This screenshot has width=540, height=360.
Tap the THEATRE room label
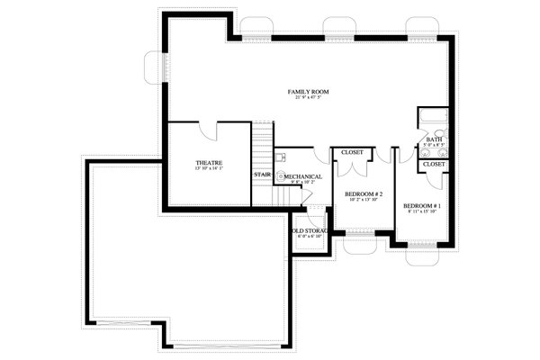coord(209,164)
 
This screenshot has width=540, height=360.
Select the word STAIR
coord(262,175)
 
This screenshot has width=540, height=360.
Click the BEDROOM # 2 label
coord(364,194)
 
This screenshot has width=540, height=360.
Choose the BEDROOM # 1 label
coord(420,205)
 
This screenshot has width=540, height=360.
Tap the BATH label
coord(435,139)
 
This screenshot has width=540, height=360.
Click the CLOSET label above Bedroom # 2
coord(352,152)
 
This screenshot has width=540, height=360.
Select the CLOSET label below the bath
coord(434,165)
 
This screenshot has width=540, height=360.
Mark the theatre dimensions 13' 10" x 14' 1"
coord(209,170)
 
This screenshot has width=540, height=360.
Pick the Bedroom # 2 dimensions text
coord(364,200)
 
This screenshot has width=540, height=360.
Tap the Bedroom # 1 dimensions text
coord(420,212)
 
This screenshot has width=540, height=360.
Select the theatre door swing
coord(210,132)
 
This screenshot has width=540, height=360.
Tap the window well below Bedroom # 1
coord(419,256)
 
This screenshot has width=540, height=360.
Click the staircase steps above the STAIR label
coord(262,144)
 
